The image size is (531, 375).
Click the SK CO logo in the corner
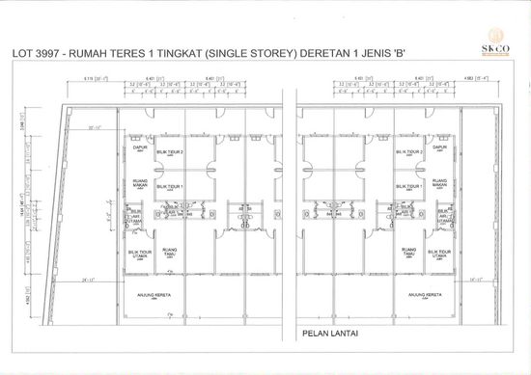pos(497,49)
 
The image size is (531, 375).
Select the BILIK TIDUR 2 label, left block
pos(170,152)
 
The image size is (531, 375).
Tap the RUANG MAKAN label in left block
pos(139,183)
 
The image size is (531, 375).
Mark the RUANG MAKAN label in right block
pos(439,183)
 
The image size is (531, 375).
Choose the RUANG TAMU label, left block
pos(170,253)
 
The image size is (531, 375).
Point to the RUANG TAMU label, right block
pos(408,253)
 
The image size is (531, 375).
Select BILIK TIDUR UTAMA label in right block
pos(439,254)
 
